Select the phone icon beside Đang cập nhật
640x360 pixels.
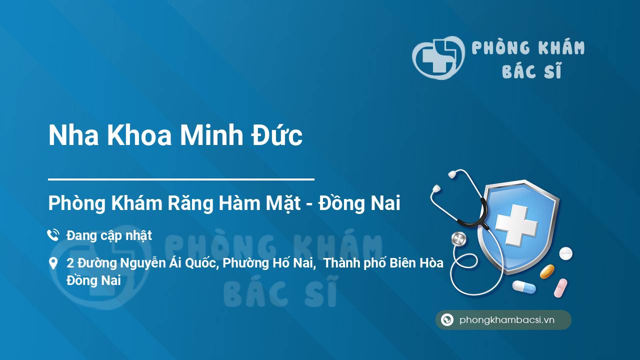53,235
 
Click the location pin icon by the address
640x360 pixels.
53,263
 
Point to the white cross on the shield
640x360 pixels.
516,225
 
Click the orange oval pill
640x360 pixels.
547,271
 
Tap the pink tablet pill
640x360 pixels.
560,288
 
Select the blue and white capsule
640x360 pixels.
524,287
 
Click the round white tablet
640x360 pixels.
565,253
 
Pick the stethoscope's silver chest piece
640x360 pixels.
458,239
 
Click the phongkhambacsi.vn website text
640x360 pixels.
507,320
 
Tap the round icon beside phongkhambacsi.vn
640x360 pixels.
447,319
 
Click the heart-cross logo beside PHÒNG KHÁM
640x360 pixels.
438,57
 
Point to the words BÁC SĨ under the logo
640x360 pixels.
531,70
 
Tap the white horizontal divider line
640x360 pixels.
181,179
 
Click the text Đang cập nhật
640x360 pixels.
109,236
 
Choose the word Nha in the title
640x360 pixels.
73,135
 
